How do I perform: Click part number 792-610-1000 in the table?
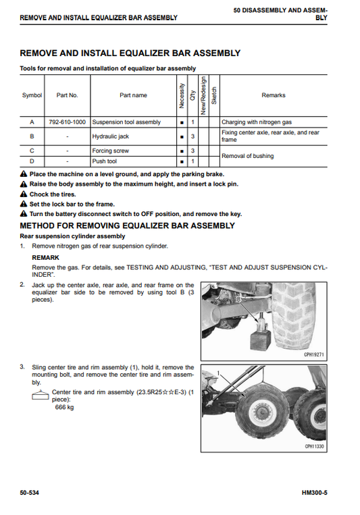pyautogui.click(x=67, y=122)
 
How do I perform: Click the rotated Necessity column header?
pyautogui.click(x=182, y=96)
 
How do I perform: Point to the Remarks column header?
pyautogui.click(x=274, y=95)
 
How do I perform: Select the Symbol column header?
pyautogui.click(x=32, y=95)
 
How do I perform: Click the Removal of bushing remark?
pyautogui.click(x=248, y=156)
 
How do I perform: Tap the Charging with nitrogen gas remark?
pyautogui.click(x=257, y=122)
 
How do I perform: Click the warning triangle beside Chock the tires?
pyautogui.click(x=24, y=194)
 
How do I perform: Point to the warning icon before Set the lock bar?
pyautogui.click(x=24, y=204)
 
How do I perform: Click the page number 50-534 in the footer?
pyautogui.click(x=29, y=493)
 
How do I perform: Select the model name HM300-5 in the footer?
pyautogui.click(x=315, y=493)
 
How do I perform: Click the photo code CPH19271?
pyautogui.click(x=314, y=355)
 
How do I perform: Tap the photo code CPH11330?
pyautogui.click(x=314, y=446)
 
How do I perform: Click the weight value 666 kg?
pyautogui.click(x=64, y=407)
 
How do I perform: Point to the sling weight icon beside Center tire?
pyautogui.click(x=40, y=395)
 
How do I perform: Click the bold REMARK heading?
pyautogui.click(x=46, y=258)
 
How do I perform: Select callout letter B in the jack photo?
pyautogui.click(x=239, y=300)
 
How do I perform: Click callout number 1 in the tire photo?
pyautogui.click(x=218, y=373)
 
